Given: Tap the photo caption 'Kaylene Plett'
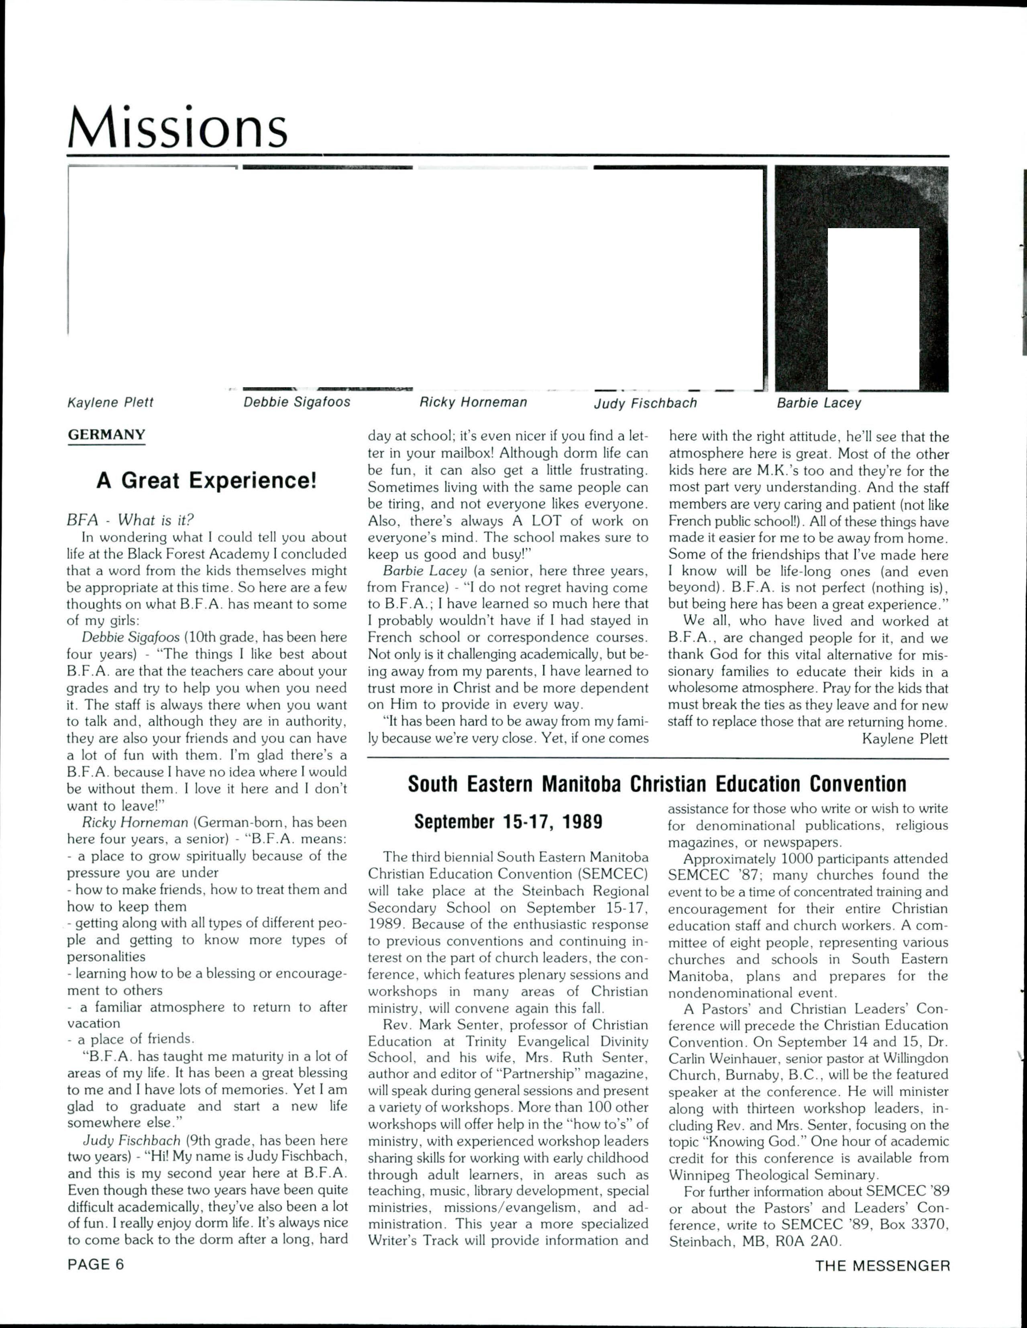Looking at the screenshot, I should (110, 402).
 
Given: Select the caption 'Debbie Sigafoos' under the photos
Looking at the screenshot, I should (297, 402).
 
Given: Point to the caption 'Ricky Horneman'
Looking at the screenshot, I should (473, 402).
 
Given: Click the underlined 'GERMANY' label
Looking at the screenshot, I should (106, 435).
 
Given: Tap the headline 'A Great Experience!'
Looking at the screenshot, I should (207, 481).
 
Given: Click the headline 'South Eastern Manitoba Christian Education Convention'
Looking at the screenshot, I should (657, 785).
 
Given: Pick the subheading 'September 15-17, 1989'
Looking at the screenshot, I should (508, 822).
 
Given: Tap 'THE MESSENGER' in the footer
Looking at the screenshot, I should (882, 1266).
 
